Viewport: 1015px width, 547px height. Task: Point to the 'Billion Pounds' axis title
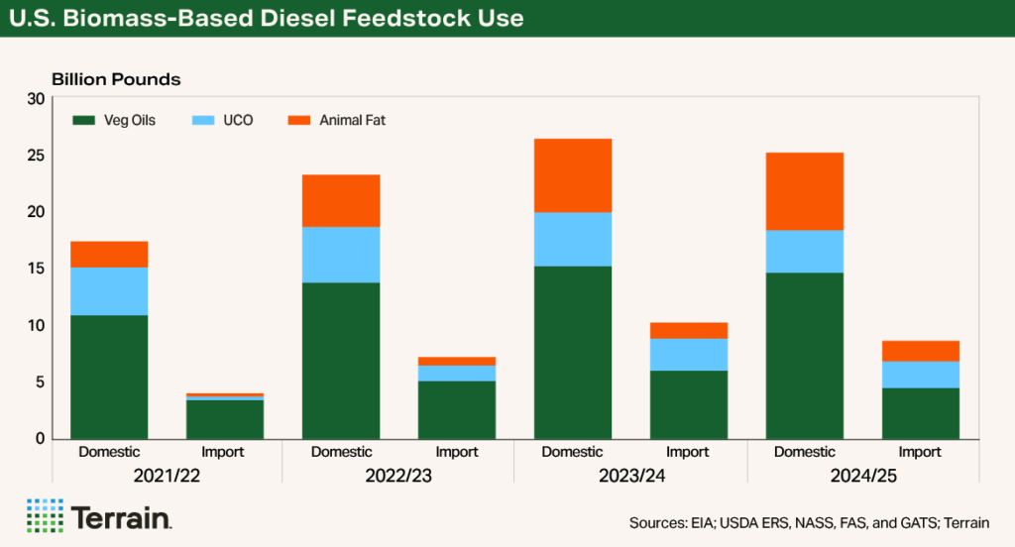coord(115,78)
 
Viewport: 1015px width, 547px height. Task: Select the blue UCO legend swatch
coord(201,121)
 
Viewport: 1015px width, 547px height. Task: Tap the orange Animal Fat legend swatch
coord(298,121)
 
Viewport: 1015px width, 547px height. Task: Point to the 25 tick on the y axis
coord(37,156)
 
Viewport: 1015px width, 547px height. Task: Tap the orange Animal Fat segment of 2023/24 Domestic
coord(573,175)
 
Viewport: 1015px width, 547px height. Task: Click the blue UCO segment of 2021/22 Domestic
coord(109,291)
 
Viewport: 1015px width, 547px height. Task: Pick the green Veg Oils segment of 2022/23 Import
coord(457,409)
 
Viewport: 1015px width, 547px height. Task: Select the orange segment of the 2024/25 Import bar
coord(921,351)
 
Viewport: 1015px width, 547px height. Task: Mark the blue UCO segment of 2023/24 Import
coord(689,355)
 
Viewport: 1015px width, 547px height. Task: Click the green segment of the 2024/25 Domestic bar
coord(805,355)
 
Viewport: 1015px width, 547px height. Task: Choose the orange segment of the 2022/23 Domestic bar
coord(341,201)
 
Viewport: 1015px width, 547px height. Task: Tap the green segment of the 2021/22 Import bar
coord(225,419)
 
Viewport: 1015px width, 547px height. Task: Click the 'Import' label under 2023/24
coord(688,452)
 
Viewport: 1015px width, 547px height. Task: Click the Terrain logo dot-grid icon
coord(45,515)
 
